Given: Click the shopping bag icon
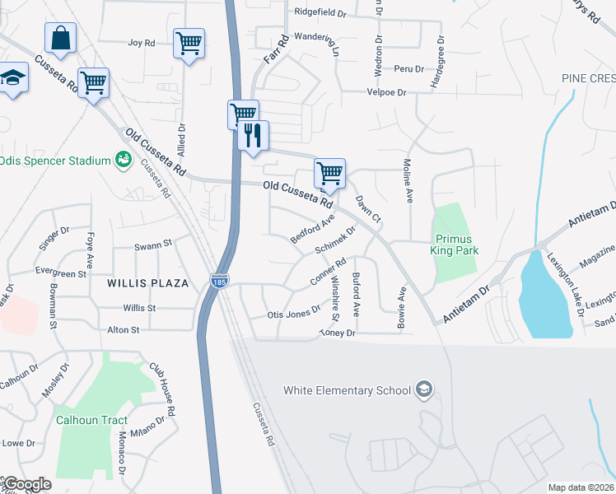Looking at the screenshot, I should (60, 38).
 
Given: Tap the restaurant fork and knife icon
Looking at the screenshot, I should (253, 134).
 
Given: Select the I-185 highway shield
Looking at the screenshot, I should (219, 281).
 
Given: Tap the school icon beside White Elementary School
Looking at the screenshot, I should (423, 389).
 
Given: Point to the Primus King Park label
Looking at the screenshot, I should (455, 245).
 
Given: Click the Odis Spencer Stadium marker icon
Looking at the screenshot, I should (124, 159).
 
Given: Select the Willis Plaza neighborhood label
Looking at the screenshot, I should (148, 282).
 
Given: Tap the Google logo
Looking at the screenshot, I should (26, 484).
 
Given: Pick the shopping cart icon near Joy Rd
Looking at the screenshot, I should (189, 43).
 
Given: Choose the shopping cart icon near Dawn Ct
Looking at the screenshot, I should (329, 174).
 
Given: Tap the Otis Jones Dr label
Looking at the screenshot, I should (293, 315).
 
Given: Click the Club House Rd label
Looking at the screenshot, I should (162, 388).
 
